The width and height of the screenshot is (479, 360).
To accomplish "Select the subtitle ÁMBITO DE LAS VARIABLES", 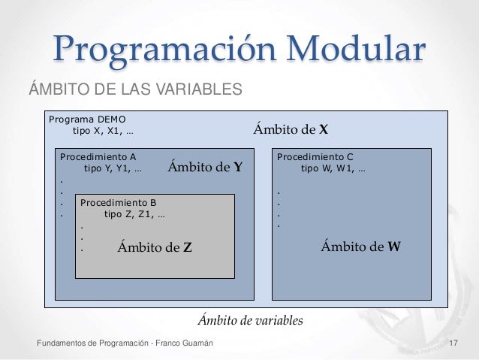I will tap(135, 91).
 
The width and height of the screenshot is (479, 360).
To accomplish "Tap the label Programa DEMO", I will tap(87, 119).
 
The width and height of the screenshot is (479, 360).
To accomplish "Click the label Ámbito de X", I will tap(291, 129).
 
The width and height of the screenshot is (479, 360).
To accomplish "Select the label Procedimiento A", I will tap(98, 157).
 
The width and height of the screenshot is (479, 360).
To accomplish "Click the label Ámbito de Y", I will tap(204, 167).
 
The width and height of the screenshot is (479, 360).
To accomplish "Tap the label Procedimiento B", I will tap(118, 202).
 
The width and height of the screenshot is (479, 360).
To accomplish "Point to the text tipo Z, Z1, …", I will tap(135, 213).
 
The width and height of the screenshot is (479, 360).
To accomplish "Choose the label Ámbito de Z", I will tap(155, 246).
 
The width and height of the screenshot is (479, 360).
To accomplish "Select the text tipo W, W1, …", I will tap(333, 168).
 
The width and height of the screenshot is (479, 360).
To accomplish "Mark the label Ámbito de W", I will tap(360, 245).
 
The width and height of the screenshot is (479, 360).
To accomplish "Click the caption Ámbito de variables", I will tap(250, 321).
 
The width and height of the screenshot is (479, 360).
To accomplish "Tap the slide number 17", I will tap(453, 343).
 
